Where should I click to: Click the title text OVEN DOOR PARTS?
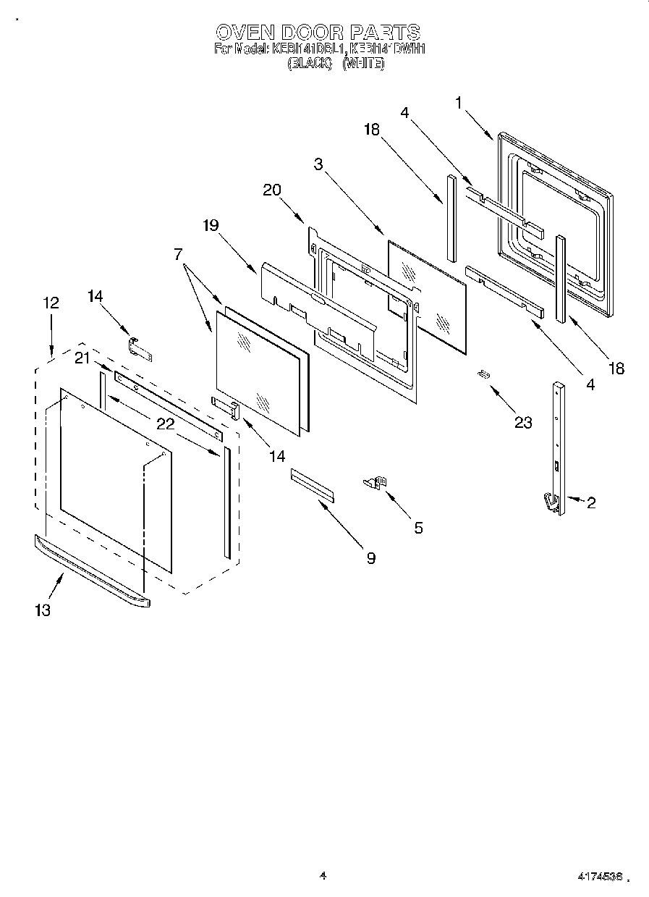(318, 32)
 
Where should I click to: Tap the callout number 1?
(459, 103)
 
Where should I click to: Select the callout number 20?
(272, 190)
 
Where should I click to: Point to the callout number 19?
(210, 225)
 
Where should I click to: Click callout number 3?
(318, 164)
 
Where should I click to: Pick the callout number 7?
(177, 254)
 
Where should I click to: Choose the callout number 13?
(43, 610)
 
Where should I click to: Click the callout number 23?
(523, 422)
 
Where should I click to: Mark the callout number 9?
(370, 557)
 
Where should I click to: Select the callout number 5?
(418, 528)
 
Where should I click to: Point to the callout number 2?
(591, 502)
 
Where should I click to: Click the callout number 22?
(166, 424)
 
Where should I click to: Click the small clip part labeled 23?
(483, 374)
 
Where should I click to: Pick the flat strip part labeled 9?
(313, 484)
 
